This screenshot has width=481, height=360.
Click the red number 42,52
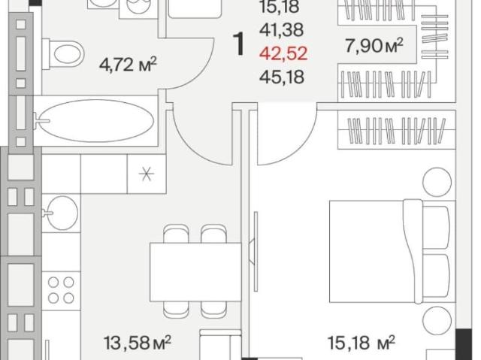coord(283,53)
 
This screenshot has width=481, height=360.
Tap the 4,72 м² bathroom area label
coord(128,65)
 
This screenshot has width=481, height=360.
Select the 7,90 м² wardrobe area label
coord(374,46)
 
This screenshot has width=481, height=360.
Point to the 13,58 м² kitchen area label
coord(137,343)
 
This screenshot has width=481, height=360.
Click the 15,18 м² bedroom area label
coord(362,343)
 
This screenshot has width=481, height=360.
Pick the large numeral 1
coord(239,44)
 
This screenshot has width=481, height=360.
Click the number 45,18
coord(282,77)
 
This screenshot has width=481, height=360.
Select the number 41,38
coord(282,30)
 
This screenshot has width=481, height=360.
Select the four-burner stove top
coord(61,290)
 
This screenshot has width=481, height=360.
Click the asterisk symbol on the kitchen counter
coord(147,174)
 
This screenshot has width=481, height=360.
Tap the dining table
coord(195,271)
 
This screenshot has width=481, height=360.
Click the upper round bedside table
coord(437,182)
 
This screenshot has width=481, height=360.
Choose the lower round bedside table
coord(437,320)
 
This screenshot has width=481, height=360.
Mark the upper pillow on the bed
coord(436,227)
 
